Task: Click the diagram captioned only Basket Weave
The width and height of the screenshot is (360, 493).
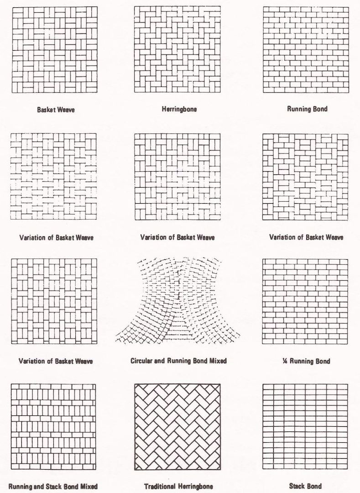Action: click(x=54, y=50)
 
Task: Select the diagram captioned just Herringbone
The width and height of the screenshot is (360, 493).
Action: click(x=177, y=49)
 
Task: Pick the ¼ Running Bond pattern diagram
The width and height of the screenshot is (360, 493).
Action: click(x=305, y=301)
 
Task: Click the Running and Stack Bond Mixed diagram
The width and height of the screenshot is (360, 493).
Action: click(x=53, y=427)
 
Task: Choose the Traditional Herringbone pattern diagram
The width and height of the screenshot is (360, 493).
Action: click(x=177, y=427)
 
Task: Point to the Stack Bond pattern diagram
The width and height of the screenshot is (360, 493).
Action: click(x=305, y=427)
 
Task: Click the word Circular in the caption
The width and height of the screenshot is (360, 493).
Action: click(x=142, y=361)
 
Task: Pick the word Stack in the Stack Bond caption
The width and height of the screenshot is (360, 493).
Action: click(x=297, y=486)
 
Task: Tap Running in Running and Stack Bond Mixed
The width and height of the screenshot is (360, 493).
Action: click(x=21, y=486)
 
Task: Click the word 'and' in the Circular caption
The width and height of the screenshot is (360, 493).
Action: click(x=161, y=361)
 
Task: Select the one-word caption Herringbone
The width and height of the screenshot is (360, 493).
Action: click(x=179, y=110)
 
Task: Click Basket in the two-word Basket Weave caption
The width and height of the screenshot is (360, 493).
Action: click(x=47, y=110)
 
